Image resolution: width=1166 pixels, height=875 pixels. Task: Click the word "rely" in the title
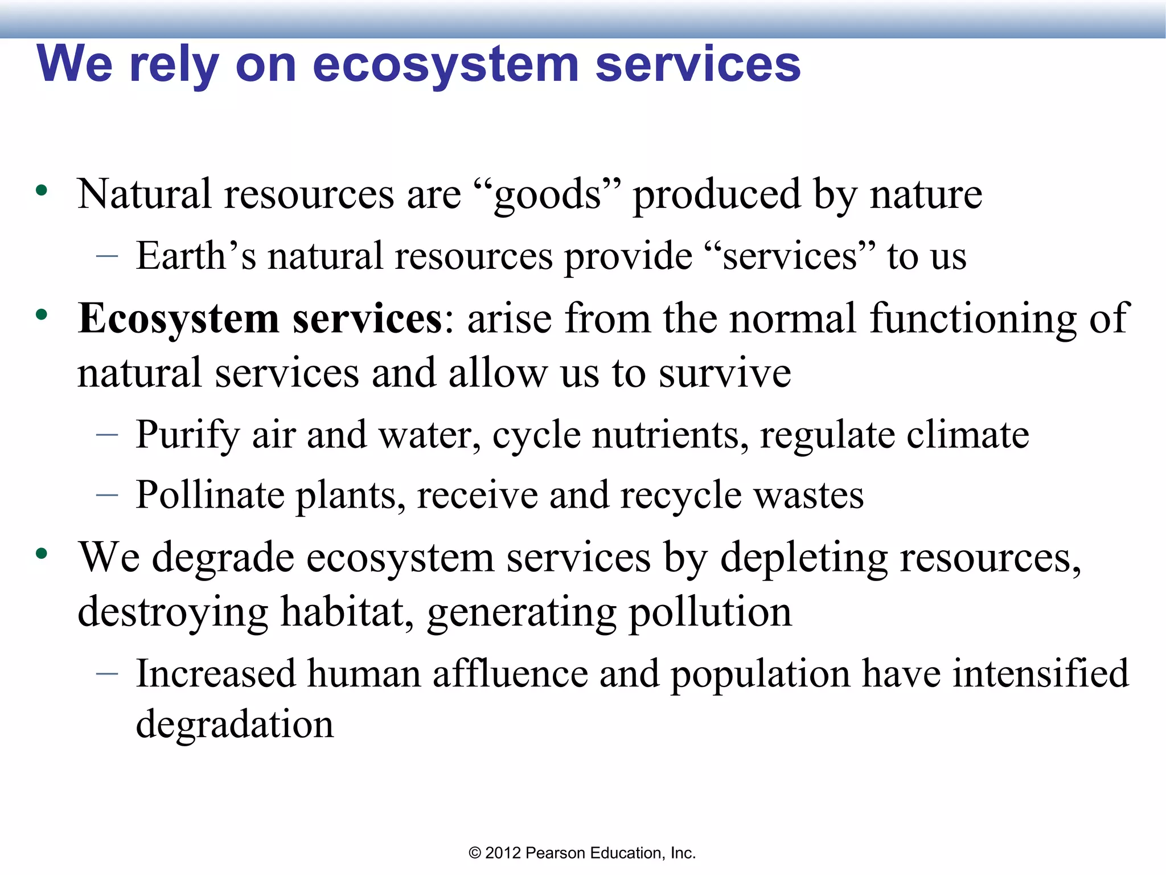(x=174, y=65)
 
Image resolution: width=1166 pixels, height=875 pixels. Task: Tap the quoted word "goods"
(x=547, y=195)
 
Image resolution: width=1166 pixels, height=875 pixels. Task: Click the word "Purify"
(x=187, y=435)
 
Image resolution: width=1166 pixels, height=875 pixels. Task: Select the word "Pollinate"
(x=210, y=495)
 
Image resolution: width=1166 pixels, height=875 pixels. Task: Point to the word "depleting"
(x=804, y=557)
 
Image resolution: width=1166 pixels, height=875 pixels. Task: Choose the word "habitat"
(x=347, y=612)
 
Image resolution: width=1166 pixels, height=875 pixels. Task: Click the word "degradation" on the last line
(x=235, y=725)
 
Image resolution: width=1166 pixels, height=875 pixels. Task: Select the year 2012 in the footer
(x=503, y=853)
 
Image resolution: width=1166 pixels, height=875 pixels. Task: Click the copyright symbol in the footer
(x=475, y=853)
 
